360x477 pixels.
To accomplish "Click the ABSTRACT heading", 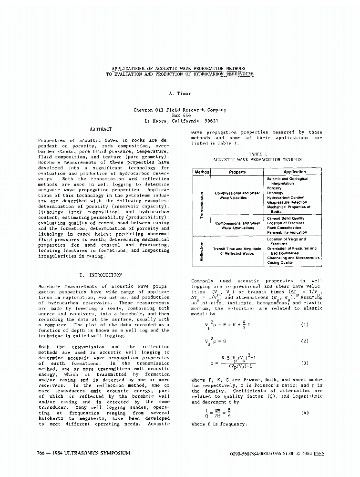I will click(101, 129).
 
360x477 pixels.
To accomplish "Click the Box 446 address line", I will click(180, 115).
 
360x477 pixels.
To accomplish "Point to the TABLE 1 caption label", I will click(257, 154).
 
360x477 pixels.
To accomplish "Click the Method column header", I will click(200, 172).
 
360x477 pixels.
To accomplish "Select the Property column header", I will click(237, 172).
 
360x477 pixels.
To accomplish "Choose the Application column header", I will click(294, 172).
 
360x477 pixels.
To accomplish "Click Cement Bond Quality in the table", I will click(285, 218).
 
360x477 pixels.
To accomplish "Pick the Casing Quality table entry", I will click(280, 262).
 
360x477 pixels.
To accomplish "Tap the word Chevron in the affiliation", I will click(144, 110).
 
